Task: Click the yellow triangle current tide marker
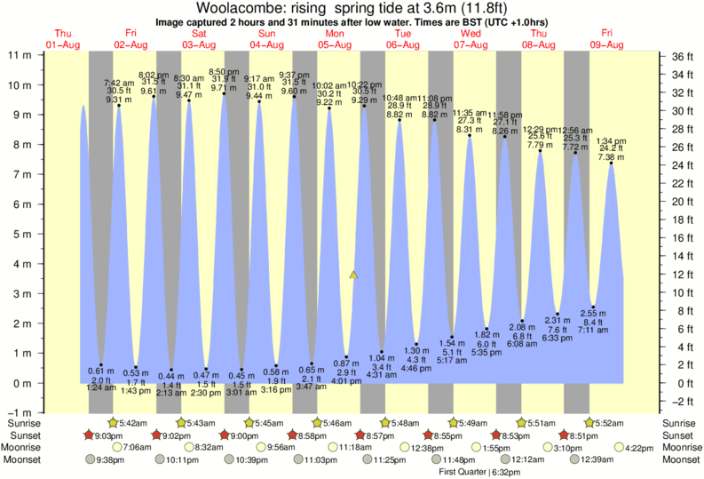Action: coord(354,276)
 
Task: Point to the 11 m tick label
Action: coord(20,55)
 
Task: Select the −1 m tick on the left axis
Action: coord(19,413)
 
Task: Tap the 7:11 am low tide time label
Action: coord(593,330)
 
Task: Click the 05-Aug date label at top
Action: coord(335,44)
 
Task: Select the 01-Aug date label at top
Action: coord(63,44)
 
